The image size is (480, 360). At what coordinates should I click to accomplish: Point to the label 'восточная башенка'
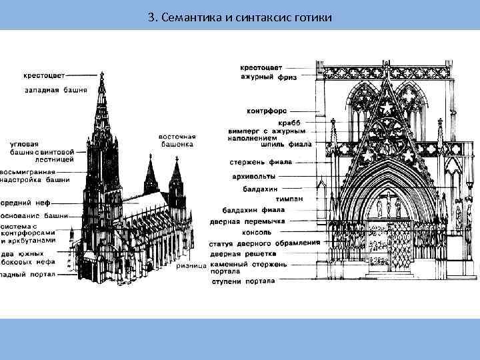pos(177,139)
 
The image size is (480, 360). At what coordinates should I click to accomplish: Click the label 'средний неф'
pos(26,203)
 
